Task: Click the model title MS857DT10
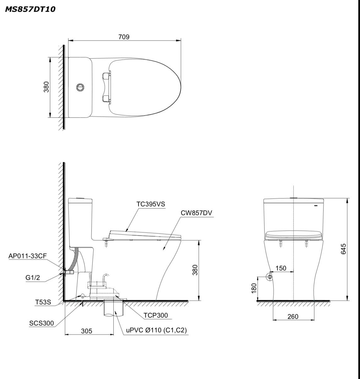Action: (30, 9)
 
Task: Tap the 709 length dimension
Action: (124, 37)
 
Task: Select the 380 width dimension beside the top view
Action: (46, 87)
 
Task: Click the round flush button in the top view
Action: (80, 87)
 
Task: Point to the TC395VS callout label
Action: (151, 204)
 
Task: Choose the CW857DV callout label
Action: (196, 213)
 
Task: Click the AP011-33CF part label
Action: (28, 256)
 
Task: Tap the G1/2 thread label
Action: (33, 277)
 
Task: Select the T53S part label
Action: (43, 302)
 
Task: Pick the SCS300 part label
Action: (42, 323)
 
